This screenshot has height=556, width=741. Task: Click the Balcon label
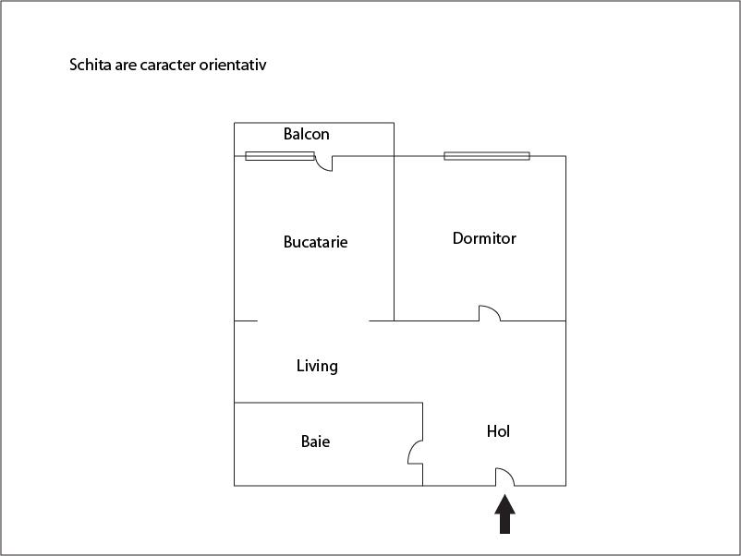(x=306, y=134)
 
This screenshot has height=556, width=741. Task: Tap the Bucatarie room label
(x=315, y=242)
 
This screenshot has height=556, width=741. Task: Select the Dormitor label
(x=484, y=238)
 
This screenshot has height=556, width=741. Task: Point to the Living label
(x=317, y=366)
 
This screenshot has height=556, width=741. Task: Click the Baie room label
(x=315, y=441)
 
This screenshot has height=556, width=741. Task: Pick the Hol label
(x=498, y=430)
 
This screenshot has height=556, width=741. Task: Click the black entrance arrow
(x=504, y=514)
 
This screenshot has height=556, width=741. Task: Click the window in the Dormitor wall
(x=487, y=156)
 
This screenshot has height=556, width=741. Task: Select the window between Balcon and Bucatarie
(x=280, y=156)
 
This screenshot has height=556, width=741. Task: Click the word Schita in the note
(x=91, y=65)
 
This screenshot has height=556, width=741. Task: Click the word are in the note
(x=126, y=66)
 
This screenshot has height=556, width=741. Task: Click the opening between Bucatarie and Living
(x=313, y=320)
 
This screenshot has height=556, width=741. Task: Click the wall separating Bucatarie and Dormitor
(x=394, y=238)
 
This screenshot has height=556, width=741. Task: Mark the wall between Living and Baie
(x=328, y=403)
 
